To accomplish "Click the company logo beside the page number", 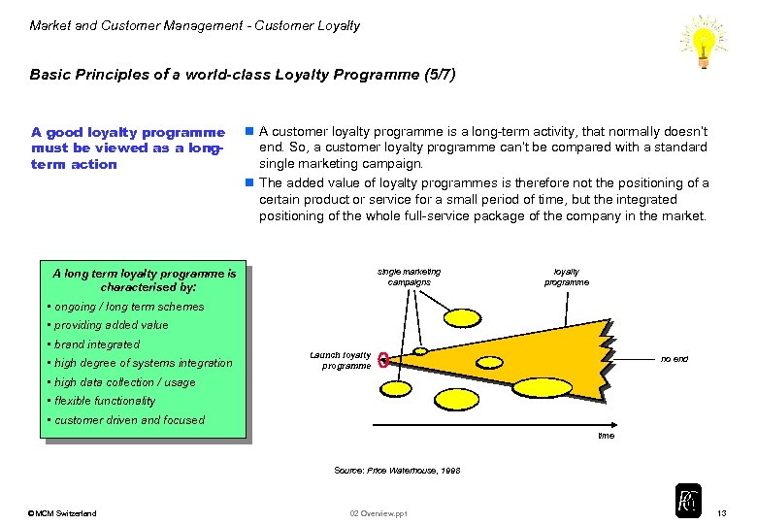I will [x=688, y=501].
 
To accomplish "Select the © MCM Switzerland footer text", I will [x=62, y=513].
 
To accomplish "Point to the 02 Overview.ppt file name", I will [x=378, y=513].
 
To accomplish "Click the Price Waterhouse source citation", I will [x=397, y=470].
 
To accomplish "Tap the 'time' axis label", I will [x=606, y=436].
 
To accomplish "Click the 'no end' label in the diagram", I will [x=675, y=359].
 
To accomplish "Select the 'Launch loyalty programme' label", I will [x=341, y=360].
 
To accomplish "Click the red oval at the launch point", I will [x=384, y=361].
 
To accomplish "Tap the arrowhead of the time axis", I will [x=615, y=424].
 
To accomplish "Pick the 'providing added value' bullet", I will [x=111, y=325].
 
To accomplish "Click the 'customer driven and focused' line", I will [x=129, y=420].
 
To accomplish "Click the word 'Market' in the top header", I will [x=50, y=25].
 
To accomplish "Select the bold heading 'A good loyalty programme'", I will [x=127, y=133].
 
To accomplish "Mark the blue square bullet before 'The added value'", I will [x=249, y=182].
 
